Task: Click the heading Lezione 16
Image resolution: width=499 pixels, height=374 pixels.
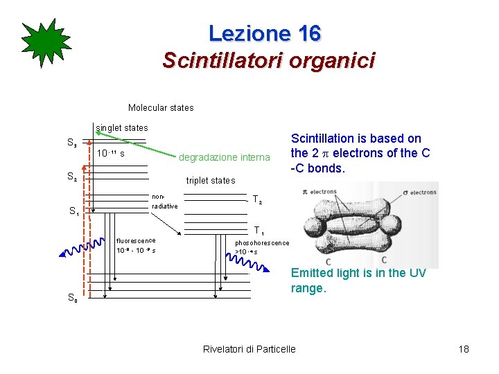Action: coord(265,33)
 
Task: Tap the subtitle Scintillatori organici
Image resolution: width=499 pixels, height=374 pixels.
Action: coord(268,60)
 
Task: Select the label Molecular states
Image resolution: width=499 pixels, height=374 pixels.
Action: coord(161,108)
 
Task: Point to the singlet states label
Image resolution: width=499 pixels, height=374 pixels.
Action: coord(122,127)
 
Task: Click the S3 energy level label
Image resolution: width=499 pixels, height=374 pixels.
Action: coord(71,144)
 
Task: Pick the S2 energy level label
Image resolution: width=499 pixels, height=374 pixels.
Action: coord(71,177)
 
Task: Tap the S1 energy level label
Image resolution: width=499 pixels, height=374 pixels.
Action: coord(73,211)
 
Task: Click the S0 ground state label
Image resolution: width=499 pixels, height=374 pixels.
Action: coord(72,298)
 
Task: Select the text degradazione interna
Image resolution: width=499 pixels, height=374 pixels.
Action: coord(224,157)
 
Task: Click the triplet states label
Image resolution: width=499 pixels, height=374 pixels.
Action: coord(211,181)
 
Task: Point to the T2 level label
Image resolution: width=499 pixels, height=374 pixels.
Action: coord(257,200)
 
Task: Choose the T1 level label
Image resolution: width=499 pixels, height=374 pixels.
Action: coord(258,231)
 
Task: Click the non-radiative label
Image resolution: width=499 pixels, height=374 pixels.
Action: coord(164,202)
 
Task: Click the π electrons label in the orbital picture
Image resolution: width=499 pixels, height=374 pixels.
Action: coord(323,191)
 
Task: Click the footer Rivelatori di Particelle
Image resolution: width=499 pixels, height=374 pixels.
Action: coord(249,348)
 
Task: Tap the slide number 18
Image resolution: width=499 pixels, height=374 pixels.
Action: coord(464,348)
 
